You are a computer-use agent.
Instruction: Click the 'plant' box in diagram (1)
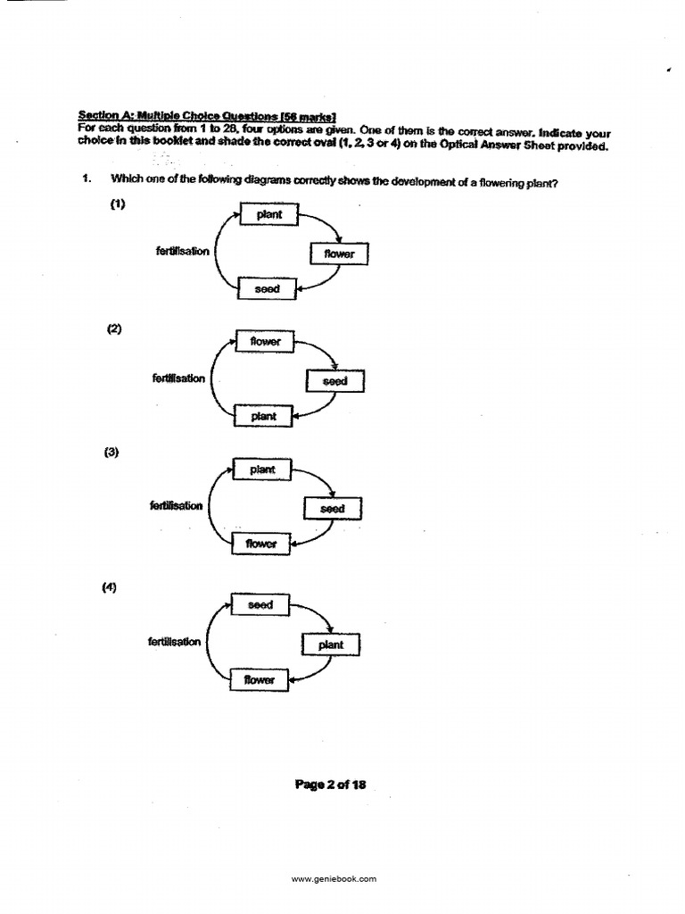click(x=268, y=214)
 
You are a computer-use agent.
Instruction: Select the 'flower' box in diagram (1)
click(x=339, y=254)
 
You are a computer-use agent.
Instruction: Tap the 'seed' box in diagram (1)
click(x=268, y=289)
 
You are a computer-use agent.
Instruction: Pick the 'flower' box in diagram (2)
click(x=265, y=342)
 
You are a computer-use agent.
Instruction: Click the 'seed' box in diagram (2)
click(x=334, y=381)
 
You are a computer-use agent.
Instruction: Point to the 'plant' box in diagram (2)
click(x=264, y=416)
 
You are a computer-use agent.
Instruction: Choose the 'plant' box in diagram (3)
click(x=262, y=469)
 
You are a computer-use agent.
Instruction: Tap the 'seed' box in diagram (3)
click(x=332, y=509)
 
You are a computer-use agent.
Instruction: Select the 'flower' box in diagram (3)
click(x=261, y=544)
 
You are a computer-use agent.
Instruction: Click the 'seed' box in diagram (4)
click(x=260, y=605)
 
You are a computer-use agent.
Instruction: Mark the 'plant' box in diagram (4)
click(x=330, y=644)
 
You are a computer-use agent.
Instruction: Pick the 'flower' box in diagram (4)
click(x=260, y=680)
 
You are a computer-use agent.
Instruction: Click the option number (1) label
click(x=118, y=204)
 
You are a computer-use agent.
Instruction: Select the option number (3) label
click(x=111, y=453)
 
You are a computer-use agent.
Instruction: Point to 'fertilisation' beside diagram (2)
click(x=178, y=378)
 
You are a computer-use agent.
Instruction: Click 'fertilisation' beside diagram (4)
click(x=175, y=642)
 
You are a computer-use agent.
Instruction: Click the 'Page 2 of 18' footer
click(x=330, y=785)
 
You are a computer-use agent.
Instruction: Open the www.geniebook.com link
click(x=334, y=879)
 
